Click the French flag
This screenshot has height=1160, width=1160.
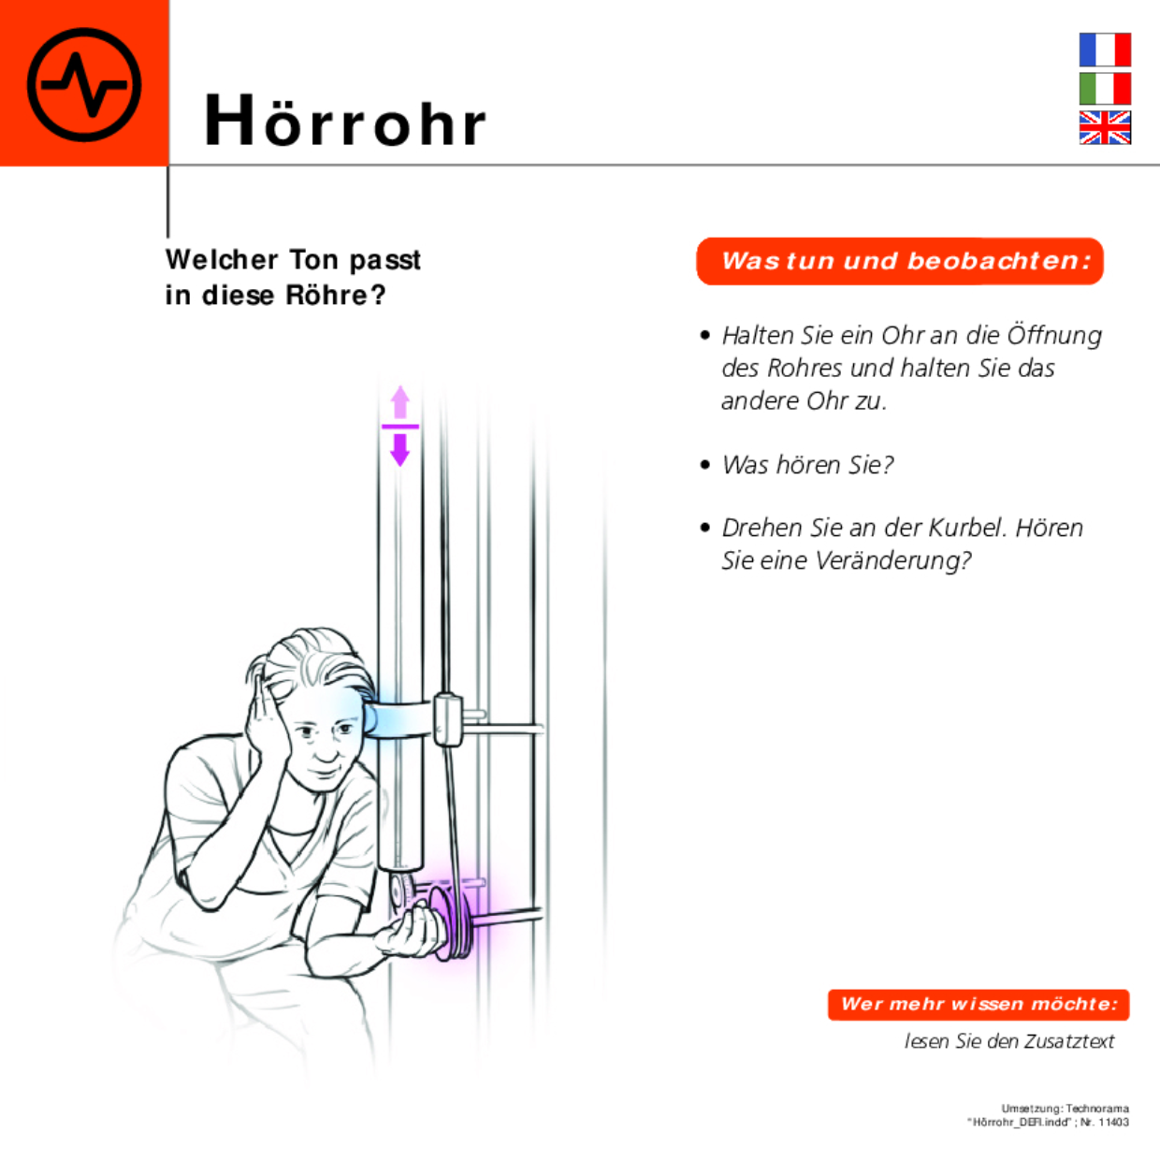[x=1105, y=50]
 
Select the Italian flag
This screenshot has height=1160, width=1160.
[x=1105, y=89]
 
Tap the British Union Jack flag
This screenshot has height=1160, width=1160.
[x=1105, y=127]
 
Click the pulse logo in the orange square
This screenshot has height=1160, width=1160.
[x=84, y=84]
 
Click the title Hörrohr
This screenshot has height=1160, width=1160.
[x=345, y=122]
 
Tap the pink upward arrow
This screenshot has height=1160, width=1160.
[x=400, y=403]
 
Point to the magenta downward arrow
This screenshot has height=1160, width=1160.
[x=400, y=448]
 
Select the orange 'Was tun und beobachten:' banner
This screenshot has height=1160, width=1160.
[x=900, y=261]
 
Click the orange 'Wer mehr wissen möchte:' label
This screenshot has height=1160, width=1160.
[x=979, y=1005]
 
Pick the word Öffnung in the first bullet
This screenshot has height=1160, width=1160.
[x=1054, y=335]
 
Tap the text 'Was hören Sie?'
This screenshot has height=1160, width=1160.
[x=807, y=465]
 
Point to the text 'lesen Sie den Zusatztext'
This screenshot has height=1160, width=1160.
[x=1009, y=1041]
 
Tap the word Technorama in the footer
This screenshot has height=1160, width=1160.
[x=1097, y=1109]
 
